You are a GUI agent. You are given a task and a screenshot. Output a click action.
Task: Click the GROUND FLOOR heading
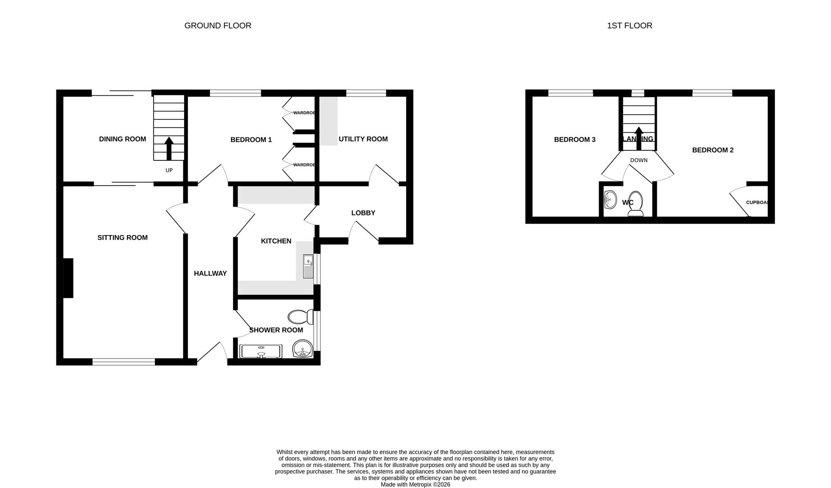click(x=218, y=26)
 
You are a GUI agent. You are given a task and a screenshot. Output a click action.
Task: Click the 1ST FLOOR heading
click(x=629, y=26)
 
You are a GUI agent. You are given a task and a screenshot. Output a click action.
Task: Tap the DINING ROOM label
click(x=122, y=139)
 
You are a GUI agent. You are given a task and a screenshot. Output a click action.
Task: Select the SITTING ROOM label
click(x=122, y=238)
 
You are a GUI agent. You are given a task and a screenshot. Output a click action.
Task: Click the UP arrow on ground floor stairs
click(x=169, y=149)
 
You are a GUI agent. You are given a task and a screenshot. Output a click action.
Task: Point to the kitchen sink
click(x=308, y=267)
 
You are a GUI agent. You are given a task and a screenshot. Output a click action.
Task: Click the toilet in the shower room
click(x=301, y=317)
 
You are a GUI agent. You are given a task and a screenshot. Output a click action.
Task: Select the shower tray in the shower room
click(x=261, y=351)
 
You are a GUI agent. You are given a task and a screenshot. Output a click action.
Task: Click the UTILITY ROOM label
click(x=363, y=139)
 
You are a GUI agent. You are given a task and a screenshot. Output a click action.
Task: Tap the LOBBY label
click(x=363, y=213)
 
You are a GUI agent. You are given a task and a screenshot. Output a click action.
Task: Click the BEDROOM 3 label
click(x=575, y=140)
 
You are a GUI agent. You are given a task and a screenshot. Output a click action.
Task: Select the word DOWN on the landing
click(x=639, y=160)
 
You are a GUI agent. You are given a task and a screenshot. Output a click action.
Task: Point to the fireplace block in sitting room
click(x=68, y=278)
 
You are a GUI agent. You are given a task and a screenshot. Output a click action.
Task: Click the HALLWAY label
click(x=210, y=273)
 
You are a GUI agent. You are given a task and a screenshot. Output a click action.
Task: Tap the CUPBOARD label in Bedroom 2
click(x=757, y=202)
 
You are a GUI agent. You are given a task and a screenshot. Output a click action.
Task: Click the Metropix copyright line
click(x=415, y=484)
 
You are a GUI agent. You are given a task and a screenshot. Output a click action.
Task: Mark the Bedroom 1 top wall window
click(x=235, y=93)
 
